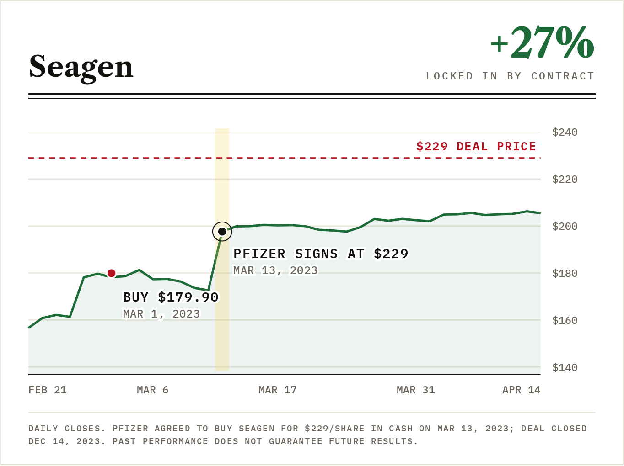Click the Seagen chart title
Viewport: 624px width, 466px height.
point(81,68)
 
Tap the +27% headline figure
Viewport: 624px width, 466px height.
point(542,42)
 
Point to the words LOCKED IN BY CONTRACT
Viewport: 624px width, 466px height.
point(510,76)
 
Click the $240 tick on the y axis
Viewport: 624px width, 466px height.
point(565,132)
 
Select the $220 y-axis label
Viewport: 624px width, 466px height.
point(565,180)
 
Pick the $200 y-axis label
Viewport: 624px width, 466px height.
point(565,227)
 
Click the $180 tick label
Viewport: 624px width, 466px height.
point(565,274)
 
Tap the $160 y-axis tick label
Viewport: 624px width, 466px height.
point(565,321)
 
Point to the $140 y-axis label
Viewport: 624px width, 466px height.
point(565,368)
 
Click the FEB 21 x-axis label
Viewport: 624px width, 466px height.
point(48,390)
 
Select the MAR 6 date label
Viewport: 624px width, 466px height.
point(153,390)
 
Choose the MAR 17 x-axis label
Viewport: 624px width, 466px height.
point(277,390)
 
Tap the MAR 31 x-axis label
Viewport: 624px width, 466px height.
point(416,390)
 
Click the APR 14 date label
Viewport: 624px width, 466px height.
point(522,390)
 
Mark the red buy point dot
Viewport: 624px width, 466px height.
point(112,273)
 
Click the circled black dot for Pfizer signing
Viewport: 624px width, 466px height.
point(222,232)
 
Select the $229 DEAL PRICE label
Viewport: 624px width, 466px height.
point(476,147)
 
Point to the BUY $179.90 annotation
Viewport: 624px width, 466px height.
point(171,297)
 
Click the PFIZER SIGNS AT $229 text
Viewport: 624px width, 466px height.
point(321,254)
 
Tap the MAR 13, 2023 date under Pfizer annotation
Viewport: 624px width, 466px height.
point(275,270)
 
